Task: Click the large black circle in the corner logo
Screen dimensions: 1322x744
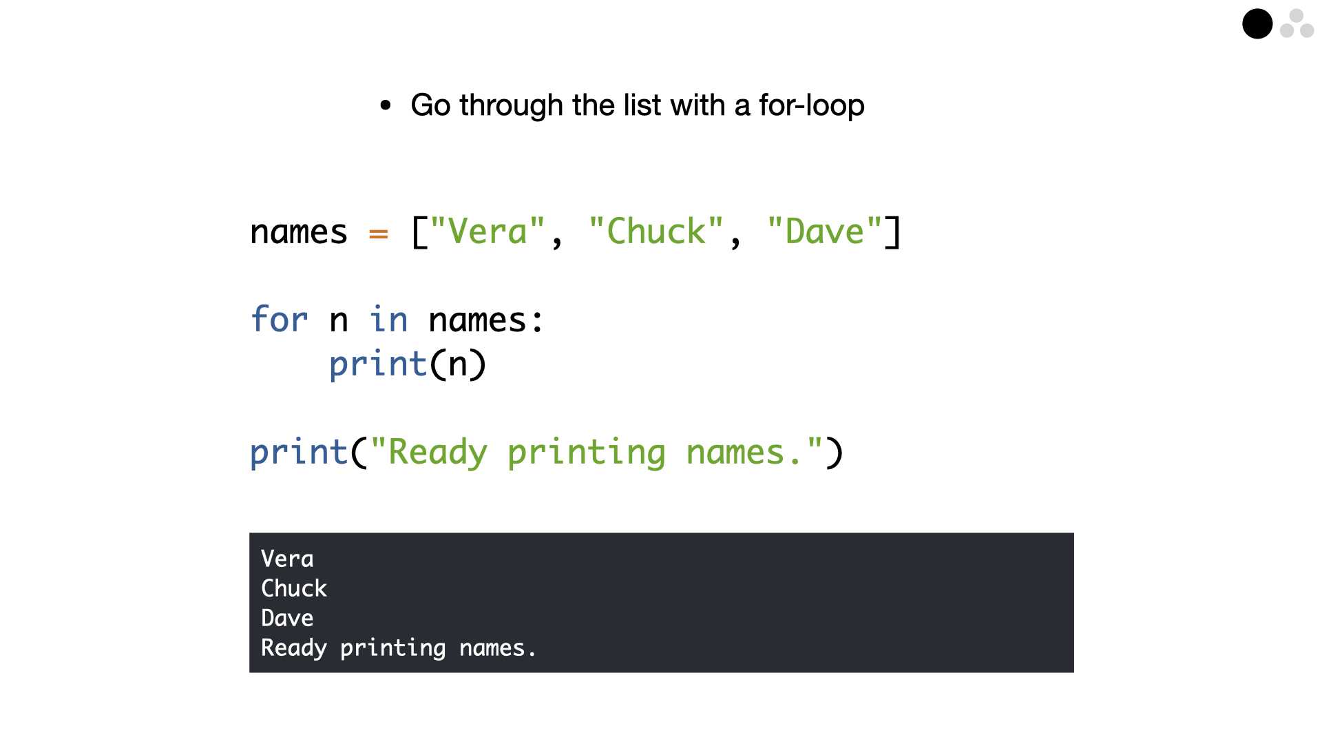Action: coord(1257,24)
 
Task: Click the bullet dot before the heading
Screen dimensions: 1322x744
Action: coord(386,105)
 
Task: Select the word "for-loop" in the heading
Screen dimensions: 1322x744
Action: coord(812,105)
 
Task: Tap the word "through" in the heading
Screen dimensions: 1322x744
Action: coord(512,106)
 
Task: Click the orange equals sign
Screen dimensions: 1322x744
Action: coord(379,234)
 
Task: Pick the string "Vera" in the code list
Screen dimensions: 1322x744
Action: coord(488,231)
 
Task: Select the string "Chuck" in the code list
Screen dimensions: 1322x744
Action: coord(657,231)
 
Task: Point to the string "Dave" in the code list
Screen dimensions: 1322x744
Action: coord(825,231)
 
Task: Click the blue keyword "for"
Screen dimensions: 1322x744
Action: coord(279,320)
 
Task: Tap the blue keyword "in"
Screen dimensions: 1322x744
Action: coord(389,320)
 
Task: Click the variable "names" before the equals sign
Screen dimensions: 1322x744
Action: coord(299,232)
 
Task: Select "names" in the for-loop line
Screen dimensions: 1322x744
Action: coord(478,320)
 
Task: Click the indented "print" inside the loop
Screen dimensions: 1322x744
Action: coord(378,364)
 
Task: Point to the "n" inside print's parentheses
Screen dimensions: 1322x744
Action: coord(458,366)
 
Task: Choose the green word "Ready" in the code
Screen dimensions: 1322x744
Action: coord(438,453)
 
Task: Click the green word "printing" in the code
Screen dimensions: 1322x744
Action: coord(587,453)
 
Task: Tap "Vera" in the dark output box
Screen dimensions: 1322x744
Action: coord(287,559)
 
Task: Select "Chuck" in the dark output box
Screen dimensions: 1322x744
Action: coord(294,588)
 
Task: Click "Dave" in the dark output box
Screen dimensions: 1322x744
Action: coord(287,618)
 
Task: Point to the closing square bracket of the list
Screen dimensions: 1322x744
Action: coord(893,231)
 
